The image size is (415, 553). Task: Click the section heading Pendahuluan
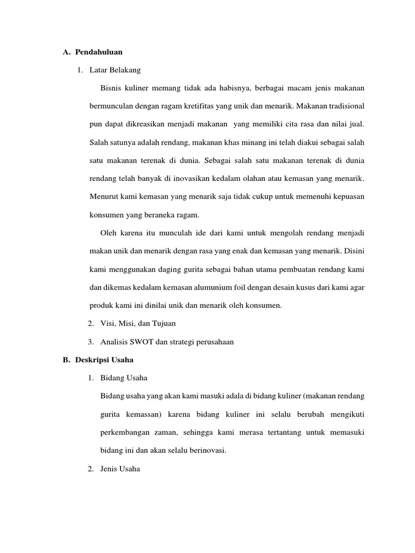[x=99, y=52]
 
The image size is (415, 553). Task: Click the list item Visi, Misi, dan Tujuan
[x=138, y=323]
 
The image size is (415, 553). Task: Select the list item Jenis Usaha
[x=120, y=469]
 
